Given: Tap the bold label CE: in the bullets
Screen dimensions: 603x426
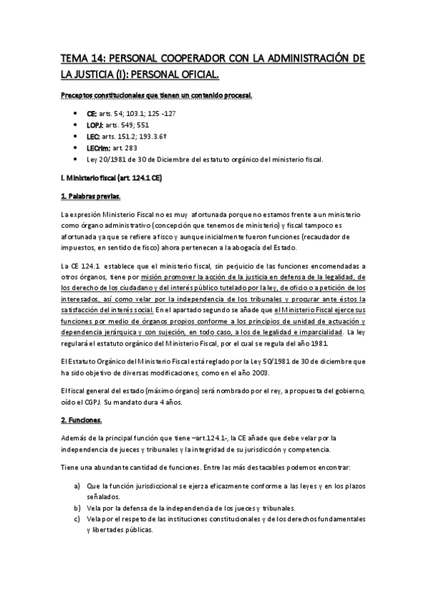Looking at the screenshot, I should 92,113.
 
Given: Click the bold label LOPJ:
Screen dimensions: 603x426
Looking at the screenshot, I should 96,124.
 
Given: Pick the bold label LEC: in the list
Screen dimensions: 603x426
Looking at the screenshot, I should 93,136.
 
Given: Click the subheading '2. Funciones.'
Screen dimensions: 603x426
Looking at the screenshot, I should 81,420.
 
